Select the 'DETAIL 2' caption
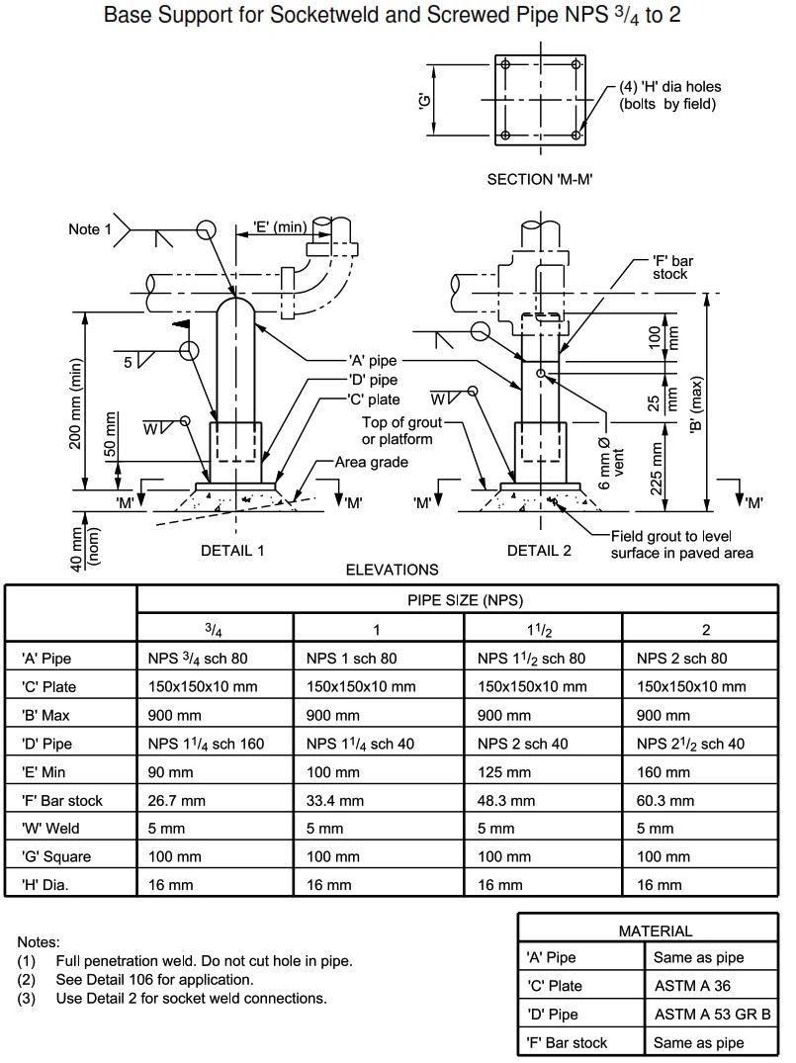pos(539,551)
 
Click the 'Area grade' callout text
pos(371,462)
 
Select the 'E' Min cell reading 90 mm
pos(169,771)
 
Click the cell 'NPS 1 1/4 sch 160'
pos(204,743)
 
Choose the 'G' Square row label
pos(56,856)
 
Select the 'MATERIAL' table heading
pos(655,930)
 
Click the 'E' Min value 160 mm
pos(662,771)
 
